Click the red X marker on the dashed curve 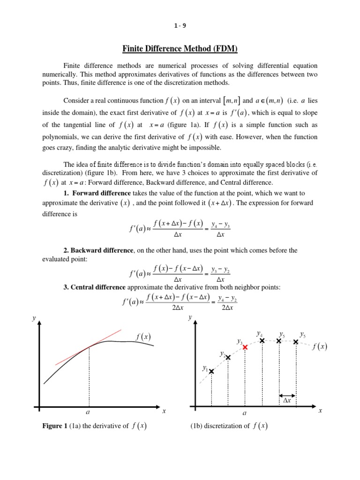tap(245, 347)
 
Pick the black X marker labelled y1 tap(211, 371)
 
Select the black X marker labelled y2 tap(228, 358)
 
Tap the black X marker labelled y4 tap(262, 341)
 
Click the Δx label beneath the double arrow tap(287, 401)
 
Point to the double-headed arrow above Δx tap(287, 395)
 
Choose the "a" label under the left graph tap(88, 412)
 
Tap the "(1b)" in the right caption tap(197, 426)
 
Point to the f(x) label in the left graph tap(143, 337)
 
